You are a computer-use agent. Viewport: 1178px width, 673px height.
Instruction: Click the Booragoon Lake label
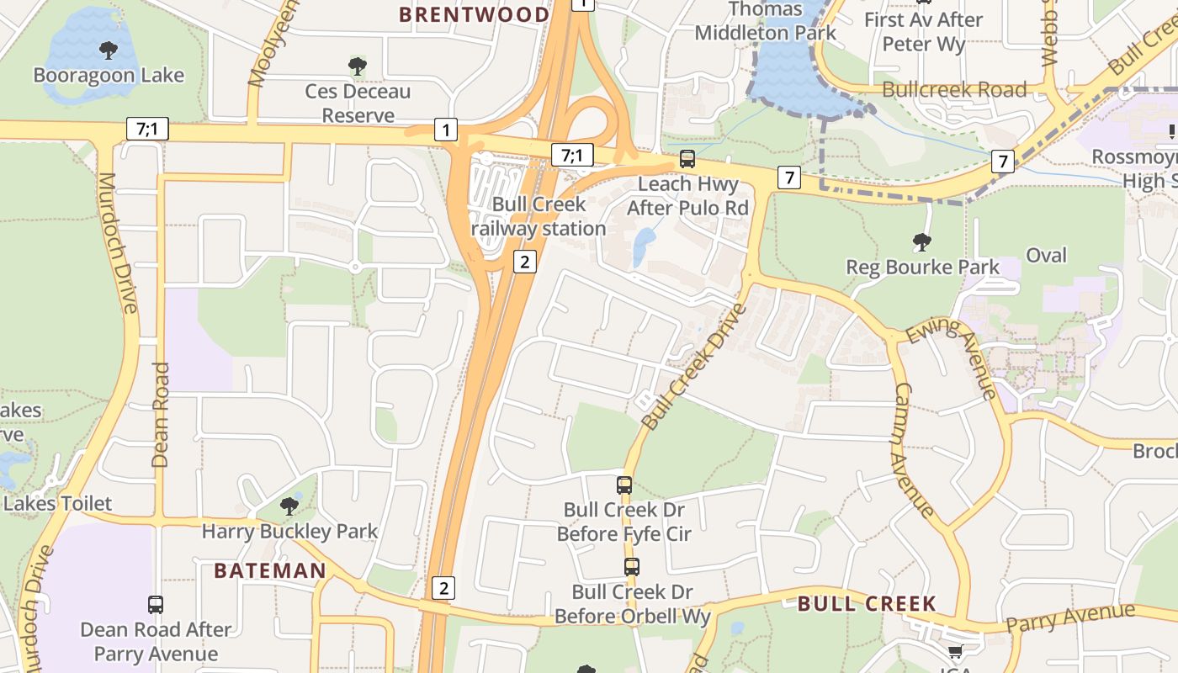pyautogui.click(x=108, y=76)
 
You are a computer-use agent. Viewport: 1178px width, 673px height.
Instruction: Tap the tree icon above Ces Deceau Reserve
pyautogui.click(x=358, y=66)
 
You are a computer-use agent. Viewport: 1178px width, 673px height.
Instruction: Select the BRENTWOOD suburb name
pyautogui.click(x=474, y=14)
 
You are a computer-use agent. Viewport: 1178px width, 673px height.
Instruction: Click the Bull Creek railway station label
pyautogui.click(x=539, y=216)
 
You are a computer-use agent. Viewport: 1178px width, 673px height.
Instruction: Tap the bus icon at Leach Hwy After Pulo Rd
pyautogui.click(x=687, y=158)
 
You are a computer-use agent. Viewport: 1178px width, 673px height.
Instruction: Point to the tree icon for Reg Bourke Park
pyautogui.click(x=922, y=242)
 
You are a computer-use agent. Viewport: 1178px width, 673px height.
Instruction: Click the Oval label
pyautogui.click(x=1046, y=255)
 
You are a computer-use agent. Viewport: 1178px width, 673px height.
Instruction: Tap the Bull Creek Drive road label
pyautogui.click(x=693, y=366)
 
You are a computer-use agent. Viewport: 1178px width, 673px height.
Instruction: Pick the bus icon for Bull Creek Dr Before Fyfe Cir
pyautogui.click(x=623, y=485)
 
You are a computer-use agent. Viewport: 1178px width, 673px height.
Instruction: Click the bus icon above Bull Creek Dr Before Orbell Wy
pyautogui.click(x=632, y=566)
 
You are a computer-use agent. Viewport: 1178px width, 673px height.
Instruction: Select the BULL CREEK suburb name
pyautogui.click(x=867, y=603)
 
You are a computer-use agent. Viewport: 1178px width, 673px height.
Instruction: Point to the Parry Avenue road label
pyautogui.click(x=1070, y=618)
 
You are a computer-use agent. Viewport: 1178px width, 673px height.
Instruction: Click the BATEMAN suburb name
pyautogui.click(x=269, y=570)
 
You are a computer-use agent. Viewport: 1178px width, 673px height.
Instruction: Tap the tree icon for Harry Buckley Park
pyautogui.click(x=289, y=506)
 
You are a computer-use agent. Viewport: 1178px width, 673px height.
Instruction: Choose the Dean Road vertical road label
pyautogui.click(x=160, y=415)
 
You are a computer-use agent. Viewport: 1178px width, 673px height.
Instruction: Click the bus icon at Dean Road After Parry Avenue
pyautogui.click(x=156, y=604)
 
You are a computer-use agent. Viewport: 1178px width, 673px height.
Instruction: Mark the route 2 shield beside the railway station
pyautogui.click(x=524, y=262)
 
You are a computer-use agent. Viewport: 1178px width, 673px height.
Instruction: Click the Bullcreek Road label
pyautogui.click(x=954, y=89)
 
